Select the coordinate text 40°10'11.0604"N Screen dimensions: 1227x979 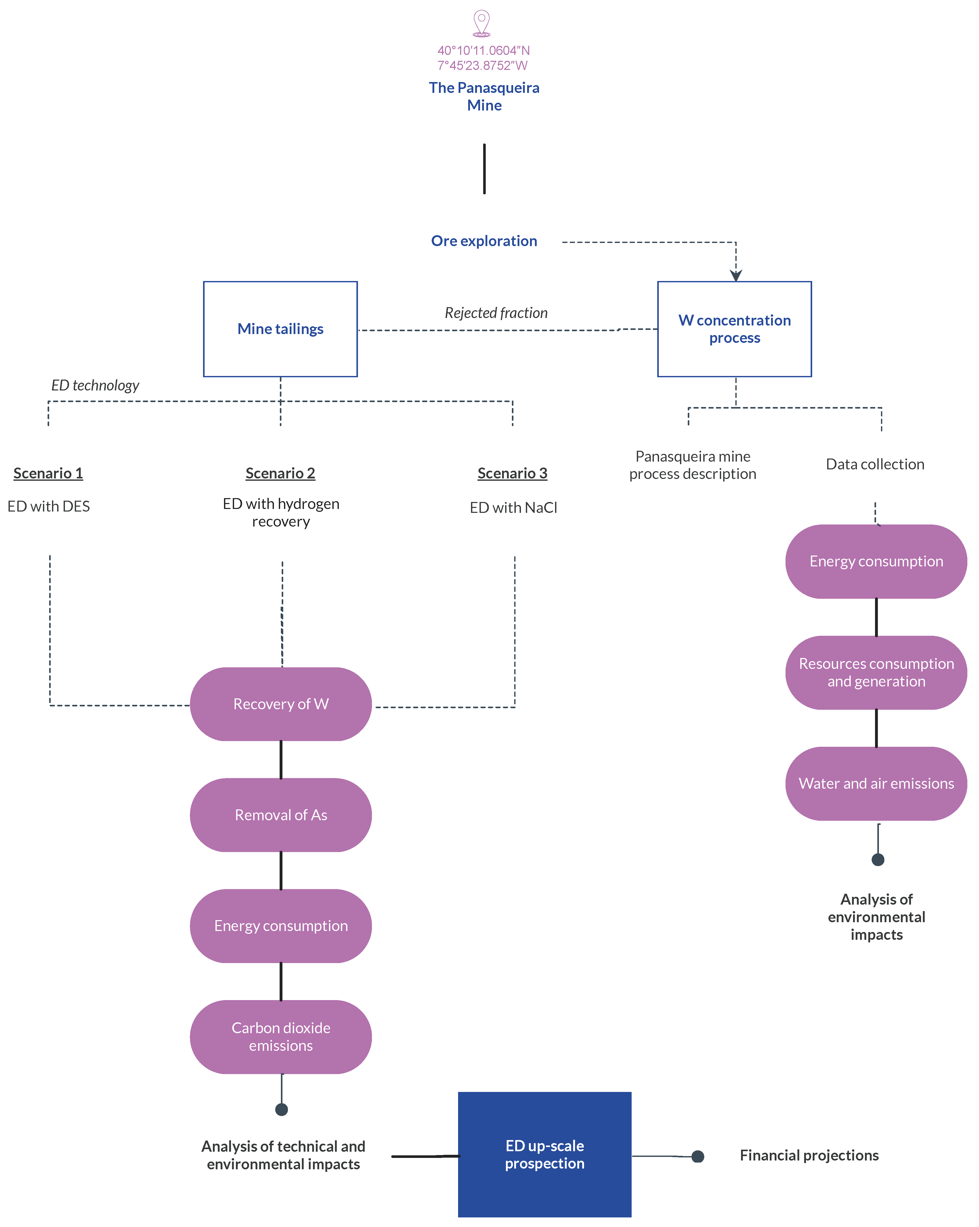483,51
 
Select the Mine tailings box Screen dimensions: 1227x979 280,329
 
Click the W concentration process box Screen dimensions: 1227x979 734,329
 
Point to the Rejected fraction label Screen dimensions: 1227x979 496,313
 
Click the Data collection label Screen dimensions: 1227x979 875,464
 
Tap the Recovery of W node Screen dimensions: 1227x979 281,704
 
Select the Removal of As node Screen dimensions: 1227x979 281,815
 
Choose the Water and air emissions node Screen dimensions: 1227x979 876,784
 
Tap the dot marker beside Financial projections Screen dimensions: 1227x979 698,1156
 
